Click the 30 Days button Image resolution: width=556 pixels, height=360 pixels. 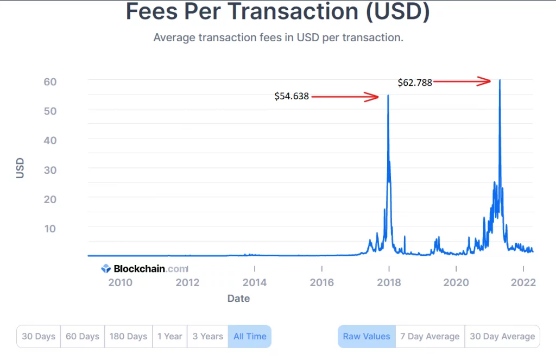click(x=39, y=336)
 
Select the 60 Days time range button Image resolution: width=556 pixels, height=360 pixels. click(x=83, y=336)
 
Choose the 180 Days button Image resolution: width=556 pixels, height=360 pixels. click(x=128, y=336)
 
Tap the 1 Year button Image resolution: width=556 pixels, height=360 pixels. click(x=169, y=336)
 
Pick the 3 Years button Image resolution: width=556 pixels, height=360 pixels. click(x=208, y=336)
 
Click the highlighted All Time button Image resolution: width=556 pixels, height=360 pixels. click(x=250, y=336)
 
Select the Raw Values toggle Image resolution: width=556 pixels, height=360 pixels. click(x=367, y=336)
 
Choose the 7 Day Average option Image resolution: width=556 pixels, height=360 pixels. click(x=430, y=336)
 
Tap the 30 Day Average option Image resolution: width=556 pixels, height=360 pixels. click(x=502, y=336)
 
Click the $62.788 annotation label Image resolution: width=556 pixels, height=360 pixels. click(x=415, y=83)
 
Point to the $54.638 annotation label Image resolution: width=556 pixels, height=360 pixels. click(x=292, y=96)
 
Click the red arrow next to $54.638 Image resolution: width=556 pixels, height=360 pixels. click(x=345, y=97)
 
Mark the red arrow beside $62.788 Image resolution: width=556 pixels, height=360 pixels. click(x=462, y=81)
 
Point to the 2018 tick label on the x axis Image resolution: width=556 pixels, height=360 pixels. click(x=389, y=282)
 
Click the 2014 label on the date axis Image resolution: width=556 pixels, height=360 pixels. click(x=254, y=282)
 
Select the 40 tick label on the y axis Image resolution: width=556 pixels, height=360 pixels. click(x=50, y=141)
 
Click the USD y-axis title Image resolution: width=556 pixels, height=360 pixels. click(x=20, y=168)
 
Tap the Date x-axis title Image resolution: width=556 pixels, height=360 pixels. click(x=238, y=298)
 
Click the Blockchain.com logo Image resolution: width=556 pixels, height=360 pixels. click(x=144, y=269)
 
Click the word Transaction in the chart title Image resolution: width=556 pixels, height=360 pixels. click(x=293, y=11)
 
